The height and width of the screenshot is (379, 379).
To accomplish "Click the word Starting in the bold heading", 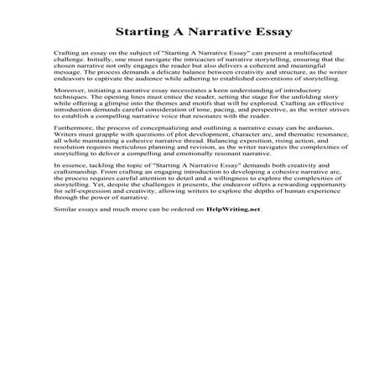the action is click(144, 34).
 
